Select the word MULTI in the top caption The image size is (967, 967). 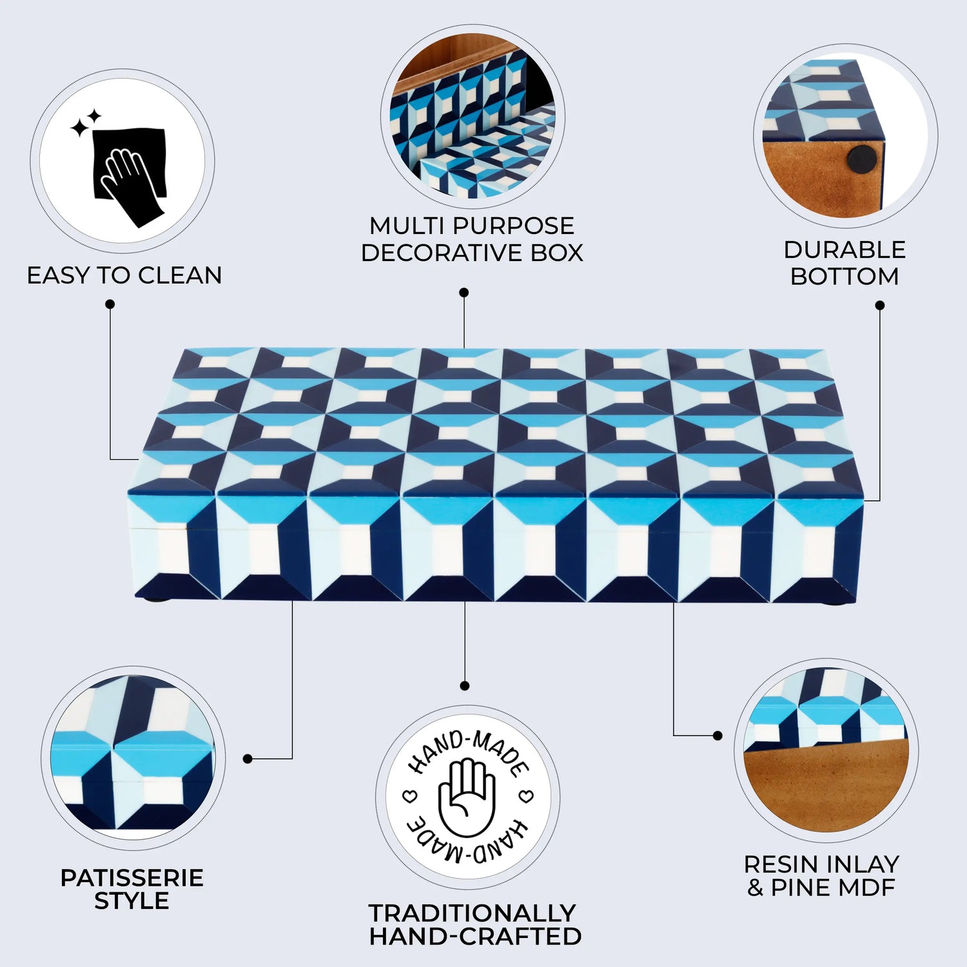tap(407, 226)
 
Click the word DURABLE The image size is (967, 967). tap(845, 250)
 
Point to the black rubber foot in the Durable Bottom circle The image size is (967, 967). tap(860, 159)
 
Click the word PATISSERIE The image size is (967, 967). tap(132, 878)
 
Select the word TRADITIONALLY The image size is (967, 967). tap(472, 913)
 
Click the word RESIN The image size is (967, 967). tap(779, 864)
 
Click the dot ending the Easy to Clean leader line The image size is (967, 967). tap(110, 304)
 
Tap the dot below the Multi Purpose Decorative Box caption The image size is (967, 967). tap(464, 293)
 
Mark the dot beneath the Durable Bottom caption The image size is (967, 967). tap(879, 305)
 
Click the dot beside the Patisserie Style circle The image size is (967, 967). tap(248, 759)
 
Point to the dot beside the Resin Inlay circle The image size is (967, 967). tap(718, 736)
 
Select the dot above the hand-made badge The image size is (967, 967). tap(465, 686)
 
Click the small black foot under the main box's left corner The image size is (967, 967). tap(153, 600)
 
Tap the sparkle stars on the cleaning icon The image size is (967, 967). tap(86, 122)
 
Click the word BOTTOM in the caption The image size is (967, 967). tap(845, 277)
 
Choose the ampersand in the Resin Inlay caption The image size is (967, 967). tap(755, 888)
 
